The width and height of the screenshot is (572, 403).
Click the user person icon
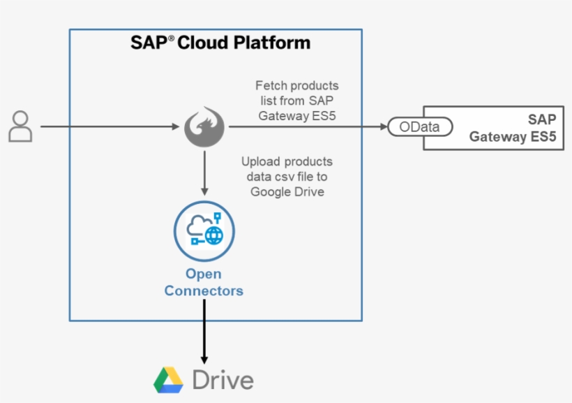pos(21,126)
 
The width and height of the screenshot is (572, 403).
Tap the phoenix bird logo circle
pos(204,127)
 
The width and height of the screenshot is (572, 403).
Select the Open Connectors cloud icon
pos(204,231)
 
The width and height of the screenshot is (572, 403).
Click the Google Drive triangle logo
pos(168,380)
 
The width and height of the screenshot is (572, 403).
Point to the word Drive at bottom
pos(223,381)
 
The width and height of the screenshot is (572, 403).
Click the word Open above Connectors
pos(203,274)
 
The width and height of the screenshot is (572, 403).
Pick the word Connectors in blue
pos(204,291)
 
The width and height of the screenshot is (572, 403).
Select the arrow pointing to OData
pos(307,127)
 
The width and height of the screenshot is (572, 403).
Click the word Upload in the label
pos(260,161)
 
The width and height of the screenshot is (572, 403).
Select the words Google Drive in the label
pos(287,191)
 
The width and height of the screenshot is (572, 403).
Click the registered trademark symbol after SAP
pos(172,38)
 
